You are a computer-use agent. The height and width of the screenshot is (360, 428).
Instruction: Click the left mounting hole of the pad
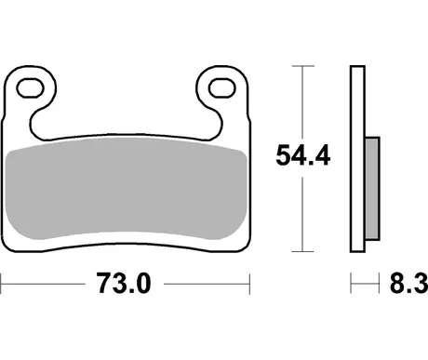point(30,88)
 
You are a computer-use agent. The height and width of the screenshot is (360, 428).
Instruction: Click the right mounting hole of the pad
point(222,88)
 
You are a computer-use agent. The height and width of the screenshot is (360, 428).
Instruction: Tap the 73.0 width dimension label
point(124,283)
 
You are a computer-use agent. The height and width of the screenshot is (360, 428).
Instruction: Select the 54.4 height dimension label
point(303,155)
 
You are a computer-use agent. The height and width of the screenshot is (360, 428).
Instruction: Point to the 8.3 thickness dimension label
point(408,283)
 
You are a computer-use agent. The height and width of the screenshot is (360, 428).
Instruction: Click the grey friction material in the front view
point(127,188)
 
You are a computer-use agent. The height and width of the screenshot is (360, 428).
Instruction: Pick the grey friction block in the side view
point(372,188)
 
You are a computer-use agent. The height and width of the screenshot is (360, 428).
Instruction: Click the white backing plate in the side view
point(357,159)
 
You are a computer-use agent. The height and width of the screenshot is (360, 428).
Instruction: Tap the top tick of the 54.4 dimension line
point(303,66)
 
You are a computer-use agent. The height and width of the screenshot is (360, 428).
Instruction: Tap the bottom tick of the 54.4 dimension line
point(303,251)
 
